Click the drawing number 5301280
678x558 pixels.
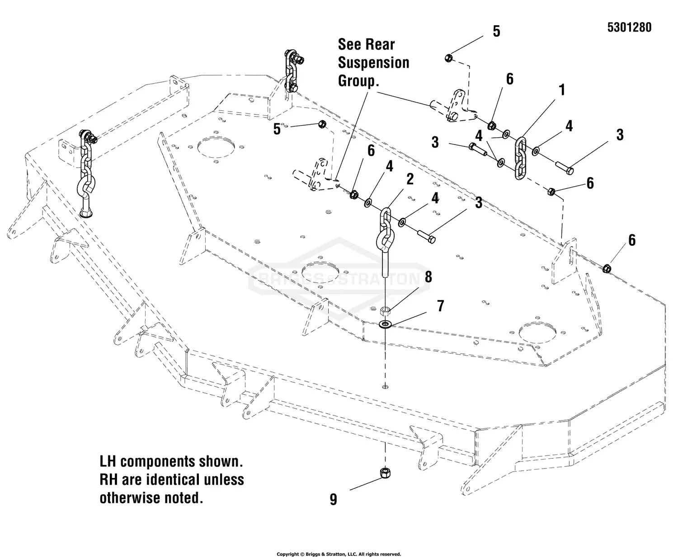(x=629, y=28)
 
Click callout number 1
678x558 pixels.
(x=562, y=90)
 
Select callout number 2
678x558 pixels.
(x=410, y=179)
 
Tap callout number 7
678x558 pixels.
(x=440, y=306)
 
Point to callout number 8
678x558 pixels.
(x=428, y=277)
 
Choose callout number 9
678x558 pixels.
(x=333, y=499)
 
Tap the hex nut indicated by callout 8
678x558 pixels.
(x=385, y=310)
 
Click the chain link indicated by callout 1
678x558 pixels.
(x=521, y=159)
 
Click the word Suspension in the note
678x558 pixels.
(x=373, y=63)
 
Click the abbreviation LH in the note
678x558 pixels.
(x=108, y=461)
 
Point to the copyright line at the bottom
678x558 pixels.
(x=339, y=554)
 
